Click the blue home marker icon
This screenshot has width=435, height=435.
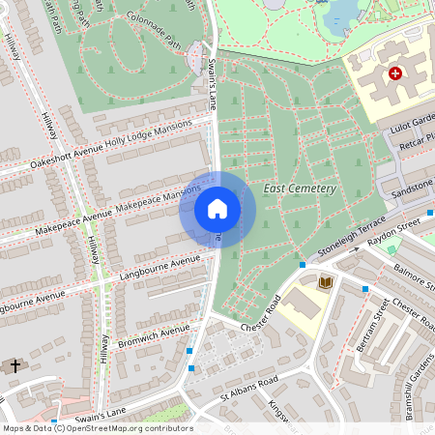[217, 209]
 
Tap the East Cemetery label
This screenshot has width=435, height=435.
[299, 188]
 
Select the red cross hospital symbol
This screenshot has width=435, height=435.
[394, 73]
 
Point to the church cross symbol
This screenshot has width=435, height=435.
[14, 366]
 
